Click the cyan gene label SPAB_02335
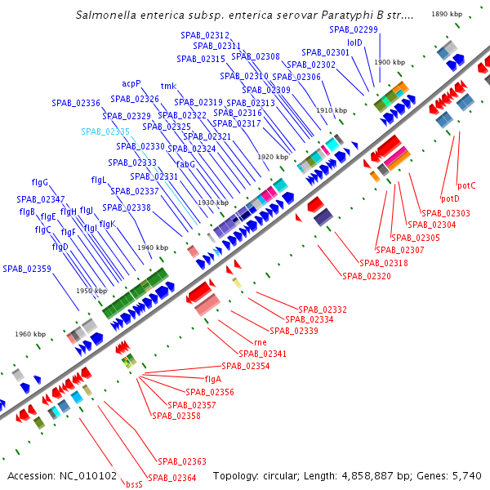pos(105,131)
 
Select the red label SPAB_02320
pos(367,276)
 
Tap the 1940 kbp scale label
pos(153,247)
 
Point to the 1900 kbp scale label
pos(390,62)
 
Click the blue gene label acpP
pos(131,83)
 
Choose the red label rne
pos(261,343)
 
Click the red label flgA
pos(213,379)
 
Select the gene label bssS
pos(134,483)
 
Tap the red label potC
pos(466,185)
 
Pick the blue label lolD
pos(354,42)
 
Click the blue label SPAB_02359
pos(27,269)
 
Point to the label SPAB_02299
pos(354,29)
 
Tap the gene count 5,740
pos(465,475)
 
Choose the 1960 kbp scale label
pos(30,334)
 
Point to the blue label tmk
pos(168,86)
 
